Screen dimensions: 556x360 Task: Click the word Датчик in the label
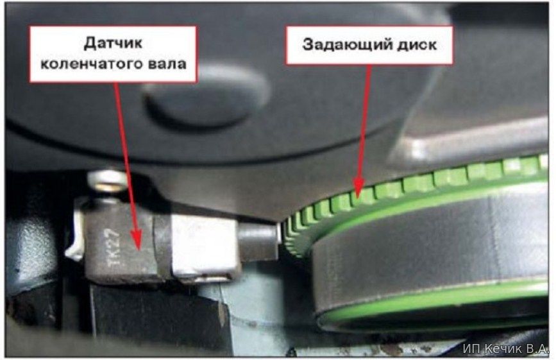(x=113, y=43)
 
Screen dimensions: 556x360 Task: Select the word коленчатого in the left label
(x=87, y=64)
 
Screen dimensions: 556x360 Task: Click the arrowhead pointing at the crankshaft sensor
(x=136, y=239)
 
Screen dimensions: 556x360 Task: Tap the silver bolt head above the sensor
(x=108, y=180)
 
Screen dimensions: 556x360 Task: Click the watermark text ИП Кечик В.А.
(x=506, y=348)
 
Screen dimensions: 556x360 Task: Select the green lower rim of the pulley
(x=433, y=305)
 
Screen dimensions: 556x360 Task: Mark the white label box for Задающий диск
(x=369, y=45)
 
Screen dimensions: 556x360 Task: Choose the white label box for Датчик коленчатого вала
(x=113, y=54)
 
